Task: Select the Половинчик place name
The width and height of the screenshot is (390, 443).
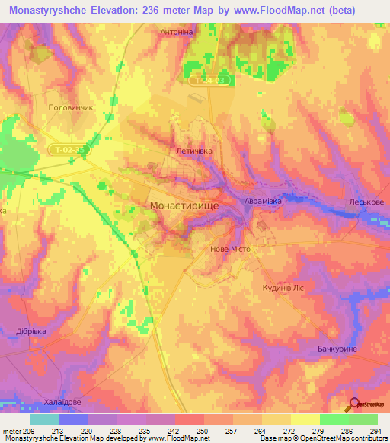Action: [70, 108]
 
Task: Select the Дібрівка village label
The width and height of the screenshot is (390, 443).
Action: [31, 331]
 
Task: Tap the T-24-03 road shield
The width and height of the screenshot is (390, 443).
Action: [209, 79]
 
